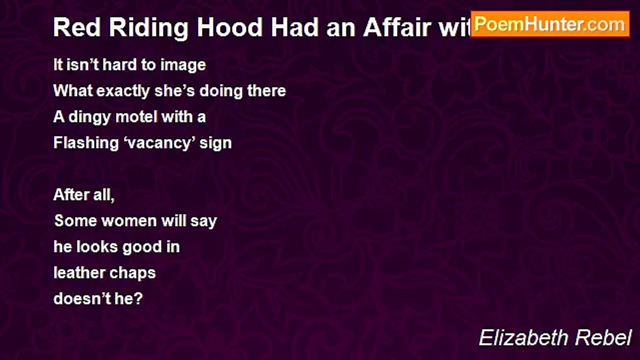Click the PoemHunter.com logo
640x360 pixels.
550,24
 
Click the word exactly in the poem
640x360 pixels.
123,91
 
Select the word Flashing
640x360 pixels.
86,143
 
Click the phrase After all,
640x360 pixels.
84,195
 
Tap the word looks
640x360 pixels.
97,247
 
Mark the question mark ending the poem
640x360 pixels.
138,299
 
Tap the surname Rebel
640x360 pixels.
603,338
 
